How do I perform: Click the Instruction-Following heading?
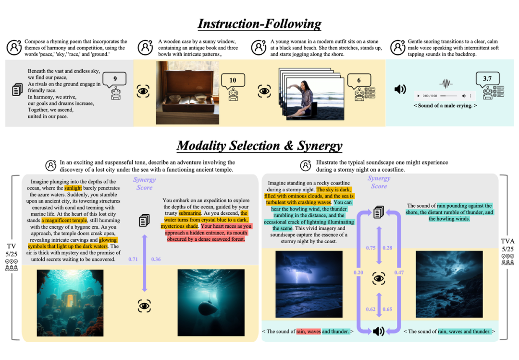pyautogui.click(x=259, y=24)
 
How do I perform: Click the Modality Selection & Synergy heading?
pyautogui.click(x=259, y=146)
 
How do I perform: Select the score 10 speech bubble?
pyautogui.click(x=233, y=81)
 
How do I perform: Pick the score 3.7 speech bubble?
pyautogui.click(x=487, y=78)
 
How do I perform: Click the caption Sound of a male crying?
pyautogui.click(x=445, y=106)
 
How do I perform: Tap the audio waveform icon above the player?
pyautogui.click(x=446, y=84)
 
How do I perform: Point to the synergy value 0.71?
pyautogui.click(x=133, y=260)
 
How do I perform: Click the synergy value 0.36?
pyautogui.click(x=156, y=260)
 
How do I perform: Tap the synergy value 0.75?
pyautogui.click(x=371, y=248)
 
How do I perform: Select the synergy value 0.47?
pyautogui.click(x=399, y=273)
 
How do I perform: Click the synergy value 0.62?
pyautogui.click(x=371, y=309)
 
